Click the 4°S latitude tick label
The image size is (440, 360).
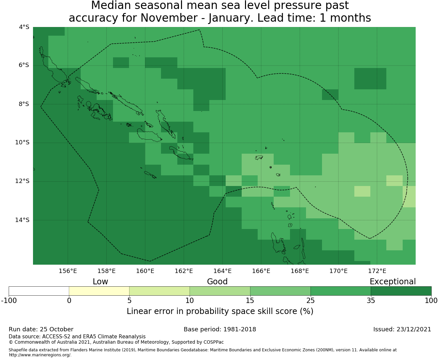coord(24,27)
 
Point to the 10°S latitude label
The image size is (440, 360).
coord(22,142)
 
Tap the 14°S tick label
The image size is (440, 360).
coord(22,220)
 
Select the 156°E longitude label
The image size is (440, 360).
coord(68,271)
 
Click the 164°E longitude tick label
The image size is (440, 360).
coord(222,271)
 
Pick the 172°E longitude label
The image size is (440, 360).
coord(377,271)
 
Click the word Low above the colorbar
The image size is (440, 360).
coord(100,282)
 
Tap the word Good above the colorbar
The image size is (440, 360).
coord(217,282)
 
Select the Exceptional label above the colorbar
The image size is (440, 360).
coord(393,282)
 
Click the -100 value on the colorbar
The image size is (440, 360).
coord(9,301)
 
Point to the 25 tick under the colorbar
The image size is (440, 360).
coord(310,301)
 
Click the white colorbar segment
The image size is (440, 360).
coord(39,291)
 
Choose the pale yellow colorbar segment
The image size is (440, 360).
coord(99,291)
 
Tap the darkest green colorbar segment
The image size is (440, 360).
coord(401,291)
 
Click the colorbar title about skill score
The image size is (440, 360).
coord(220,311)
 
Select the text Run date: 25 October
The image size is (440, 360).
coord(41,329)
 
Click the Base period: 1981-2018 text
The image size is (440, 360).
coord(220,329)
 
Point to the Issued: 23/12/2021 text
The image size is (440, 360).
coord(402,329)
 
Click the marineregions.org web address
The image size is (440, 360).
coord(40,355)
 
